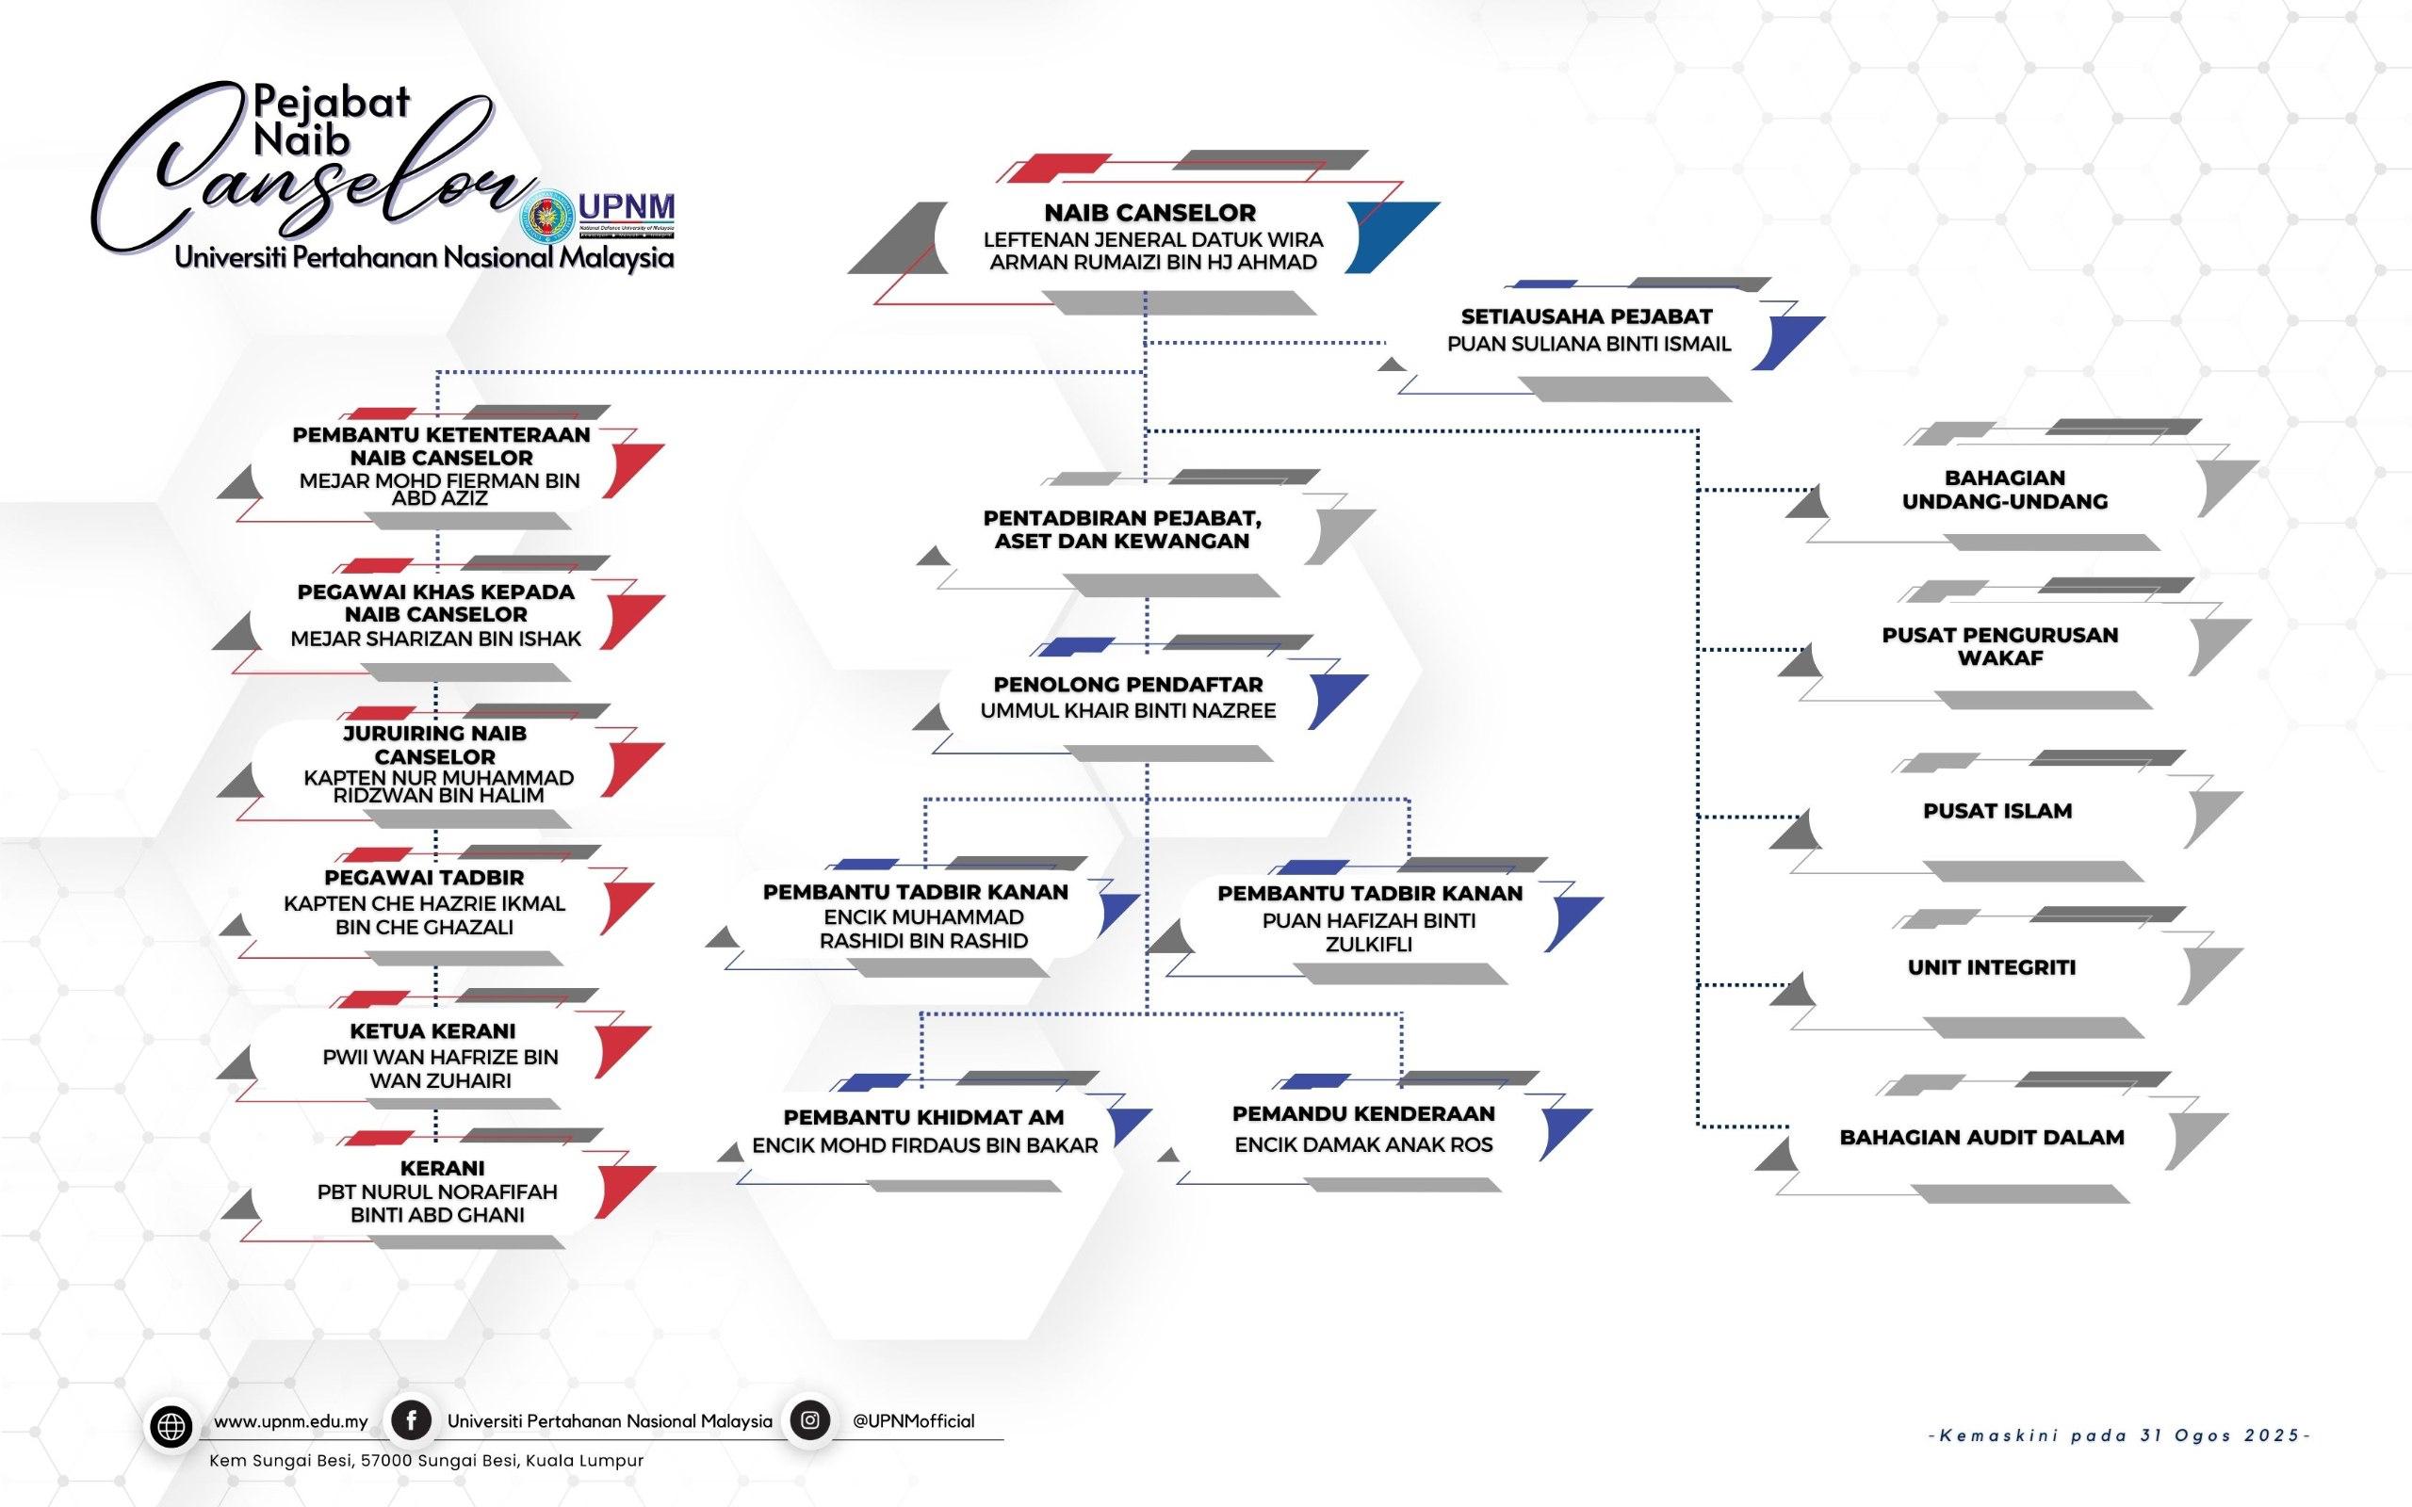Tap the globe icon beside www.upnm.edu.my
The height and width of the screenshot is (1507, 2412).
pyautogui.click(x=171, y=1427)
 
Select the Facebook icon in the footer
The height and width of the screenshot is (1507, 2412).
pyautogui.click(x=411, y=1420)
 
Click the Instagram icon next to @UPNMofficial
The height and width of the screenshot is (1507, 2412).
pyautogui.click(x=810, y=1420)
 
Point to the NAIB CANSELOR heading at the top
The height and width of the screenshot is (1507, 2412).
pyautogui.click(x=1150, y=212)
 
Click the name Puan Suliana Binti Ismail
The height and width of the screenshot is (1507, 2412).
pyautogui.click(x=1589, y=344)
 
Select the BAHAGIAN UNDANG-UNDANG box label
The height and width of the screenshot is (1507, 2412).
pyautogui.click(x=2004, y=490)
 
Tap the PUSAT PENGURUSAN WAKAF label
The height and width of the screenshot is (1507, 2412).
pyautogui.click(x=1999, y=646)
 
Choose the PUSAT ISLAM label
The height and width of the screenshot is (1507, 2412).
pyautogui.click(x=1997, y=810)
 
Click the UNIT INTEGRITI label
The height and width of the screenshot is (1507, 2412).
pyautogui.click(x=1992, y=966)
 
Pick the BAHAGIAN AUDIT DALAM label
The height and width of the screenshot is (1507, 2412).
pyautogui.click(x=1981, y=1137)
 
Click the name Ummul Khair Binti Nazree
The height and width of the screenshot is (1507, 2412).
pyautogui.click(x=1128, y=710)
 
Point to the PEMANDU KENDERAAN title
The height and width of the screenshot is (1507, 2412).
pyautogui.click(x=1363, y=1113)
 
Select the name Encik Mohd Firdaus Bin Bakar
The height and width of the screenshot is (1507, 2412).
pyautogui.click(x=925, y=1145)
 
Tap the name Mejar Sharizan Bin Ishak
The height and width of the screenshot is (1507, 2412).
pyautogui.click(x=435, y=639)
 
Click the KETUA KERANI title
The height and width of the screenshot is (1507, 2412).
pyautogui.click(x=432, y=1030)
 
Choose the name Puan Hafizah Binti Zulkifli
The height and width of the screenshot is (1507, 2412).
pyautogui.click(x=1368, y=932)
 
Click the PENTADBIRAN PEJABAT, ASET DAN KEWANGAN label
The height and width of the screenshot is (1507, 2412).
pyautogui.click(x=1122, y=529)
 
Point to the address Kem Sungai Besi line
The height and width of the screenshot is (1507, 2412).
pyautogui.click(x=427, y=1460)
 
